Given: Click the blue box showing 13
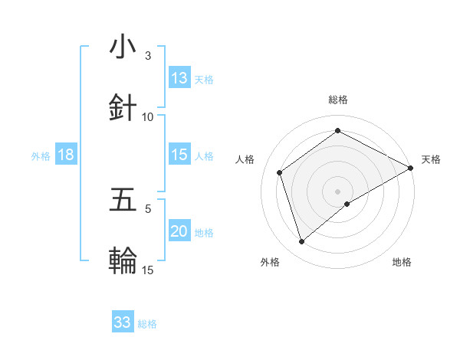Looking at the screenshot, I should click(x=179, y=77).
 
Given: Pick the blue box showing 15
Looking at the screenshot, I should click(x=179, y=155).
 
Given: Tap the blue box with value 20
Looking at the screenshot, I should click(x=179, y=231).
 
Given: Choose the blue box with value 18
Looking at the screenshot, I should click(x=66, y=155).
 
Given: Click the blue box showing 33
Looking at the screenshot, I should click(x=123, y=322).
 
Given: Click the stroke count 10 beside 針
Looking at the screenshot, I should click(x=148, y=116).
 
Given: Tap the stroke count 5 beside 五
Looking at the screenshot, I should click(x=148, y=208).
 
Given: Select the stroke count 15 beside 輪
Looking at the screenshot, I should click(x=148, y=269).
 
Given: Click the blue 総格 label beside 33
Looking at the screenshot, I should click(x=147, y=324).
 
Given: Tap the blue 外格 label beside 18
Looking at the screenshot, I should click(x=41, y=156).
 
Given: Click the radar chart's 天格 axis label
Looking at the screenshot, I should click(x=431, y=159).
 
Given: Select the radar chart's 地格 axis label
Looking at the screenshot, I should click(x=402, y=262).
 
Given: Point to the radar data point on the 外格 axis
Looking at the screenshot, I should click(x=301, y=242).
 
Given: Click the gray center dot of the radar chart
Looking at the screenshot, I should click(x=337, y=191).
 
